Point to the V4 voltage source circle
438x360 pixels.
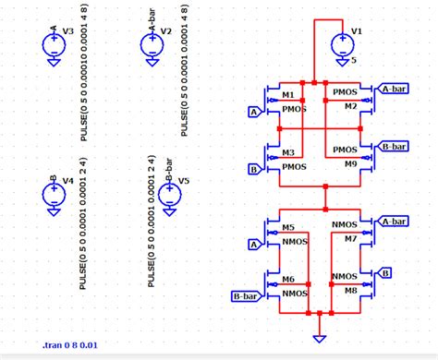pyautogui.click(x=53, y=194)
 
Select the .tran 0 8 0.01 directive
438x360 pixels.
pyautogui.click(x=71, y=345)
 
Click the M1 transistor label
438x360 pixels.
pyautogui.click(x=288, y=96)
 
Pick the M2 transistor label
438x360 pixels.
pyautogui.click(x=350, y=106)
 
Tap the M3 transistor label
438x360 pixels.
pyautogui.click(x=288, y=152)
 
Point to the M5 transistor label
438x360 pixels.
pyautogui.click(x=288, y=227)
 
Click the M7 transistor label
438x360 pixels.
pyautogui.click(x=350, y=238)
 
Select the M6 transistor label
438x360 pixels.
pyautogui.click(x=288, y=280)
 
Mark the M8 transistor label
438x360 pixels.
pyautogui.click(x=350, y=290)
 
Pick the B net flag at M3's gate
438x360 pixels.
pyautogui.click(x=253, y=169)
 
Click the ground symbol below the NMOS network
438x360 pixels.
pyautogui.click(x=320, y=338)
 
